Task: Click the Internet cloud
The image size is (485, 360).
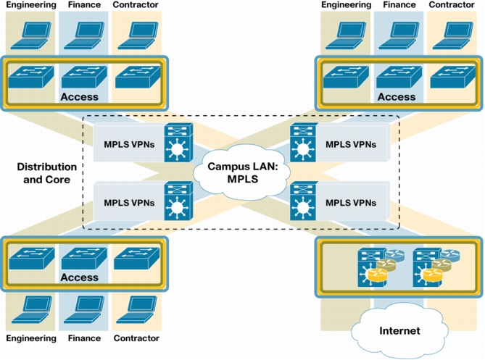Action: point(399,330)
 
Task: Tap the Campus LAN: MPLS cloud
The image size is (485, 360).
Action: point(242,172)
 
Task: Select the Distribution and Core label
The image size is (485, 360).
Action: point(46,173)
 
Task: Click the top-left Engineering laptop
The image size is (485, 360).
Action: point(30,35)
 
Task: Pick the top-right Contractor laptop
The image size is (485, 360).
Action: point(452,35)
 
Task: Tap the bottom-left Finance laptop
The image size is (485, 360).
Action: point(84,309)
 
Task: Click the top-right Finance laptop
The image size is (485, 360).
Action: point(399,35)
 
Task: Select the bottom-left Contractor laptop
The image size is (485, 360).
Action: point(137,309)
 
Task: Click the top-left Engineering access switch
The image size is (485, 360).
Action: point(31,77)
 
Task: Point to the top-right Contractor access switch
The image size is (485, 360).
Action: point(453,77)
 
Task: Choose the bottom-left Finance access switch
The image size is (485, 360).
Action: point(84,258)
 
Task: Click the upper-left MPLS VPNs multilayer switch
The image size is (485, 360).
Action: point(178,143)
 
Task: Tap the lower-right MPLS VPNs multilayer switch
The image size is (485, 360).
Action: point(304,201)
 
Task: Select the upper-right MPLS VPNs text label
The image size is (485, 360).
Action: point(351,144)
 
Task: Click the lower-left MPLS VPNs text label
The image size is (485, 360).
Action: point(129,203)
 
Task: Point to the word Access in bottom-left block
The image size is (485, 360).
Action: point(80,277)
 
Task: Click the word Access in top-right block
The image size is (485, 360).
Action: point(397,97)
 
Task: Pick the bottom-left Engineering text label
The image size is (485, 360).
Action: point(31,338)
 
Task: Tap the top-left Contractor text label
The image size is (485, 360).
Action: point(136,4)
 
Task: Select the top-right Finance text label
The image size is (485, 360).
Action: point(399,4)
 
